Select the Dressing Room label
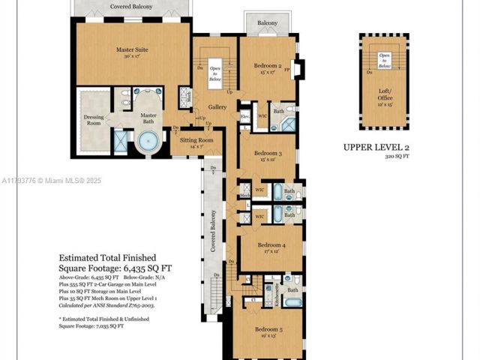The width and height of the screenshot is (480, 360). [94, 120]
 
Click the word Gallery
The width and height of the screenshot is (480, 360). [217, 107]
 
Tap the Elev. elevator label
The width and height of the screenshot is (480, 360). [244, 116]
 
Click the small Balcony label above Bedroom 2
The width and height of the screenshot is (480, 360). [268, 23]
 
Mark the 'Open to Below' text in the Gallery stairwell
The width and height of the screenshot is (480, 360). [216, 70]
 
